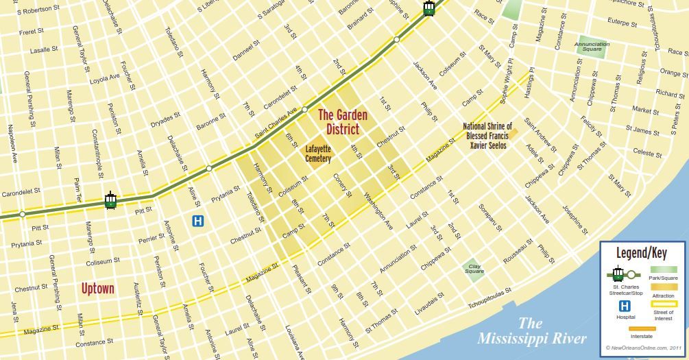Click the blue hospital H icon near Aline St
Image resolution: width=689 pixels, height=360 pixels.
coord(198,221)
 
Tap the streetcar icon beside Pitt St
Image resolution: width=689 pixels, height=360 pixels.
coord(110,200)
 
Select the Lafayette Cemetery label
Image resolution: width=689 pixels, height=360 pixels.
coord(318,154)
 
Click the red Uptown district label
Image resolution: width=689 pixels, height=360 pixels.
coord(97,288)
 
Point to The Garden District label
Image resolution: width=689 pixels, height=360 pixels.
coord(342,121)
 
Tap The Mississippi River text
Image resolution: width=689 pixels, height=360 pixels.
coord(533,331)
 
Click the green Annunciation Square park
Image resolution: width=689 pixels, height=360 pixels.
coord(592,46)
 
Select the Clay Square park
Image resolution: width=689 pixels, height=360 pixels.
coord(474,267)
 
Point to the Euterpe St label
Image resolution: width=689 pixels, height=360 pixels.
coord(622,23)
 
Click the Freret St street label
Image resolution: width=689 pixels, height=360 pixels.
coord(31,32)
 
